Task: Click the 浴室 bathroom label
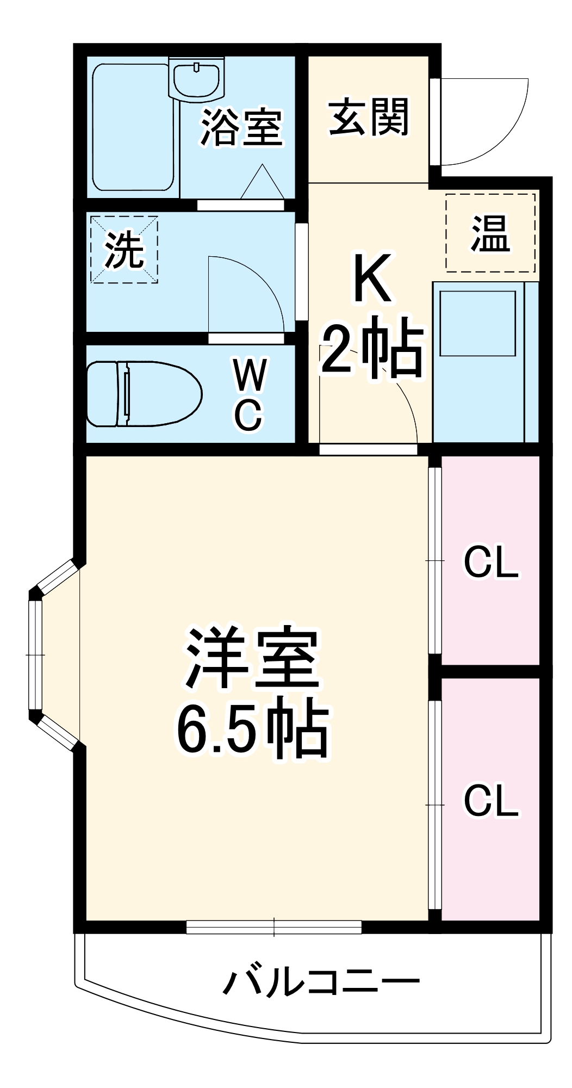point(241,128)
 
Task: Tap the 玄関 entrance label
point(369,117)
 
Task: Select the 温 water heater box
point(490,233)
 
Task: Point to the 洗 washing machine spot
point(124,250)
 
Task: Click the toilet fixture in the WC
point(144,393)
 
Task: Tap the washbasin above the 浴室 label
point(196,79)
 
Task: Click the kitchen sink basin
point(477,323)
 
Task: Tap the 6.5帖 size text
point(253,728)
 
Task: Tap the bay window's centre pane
point(35,655)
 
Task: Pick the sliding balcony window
point(274,926)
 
